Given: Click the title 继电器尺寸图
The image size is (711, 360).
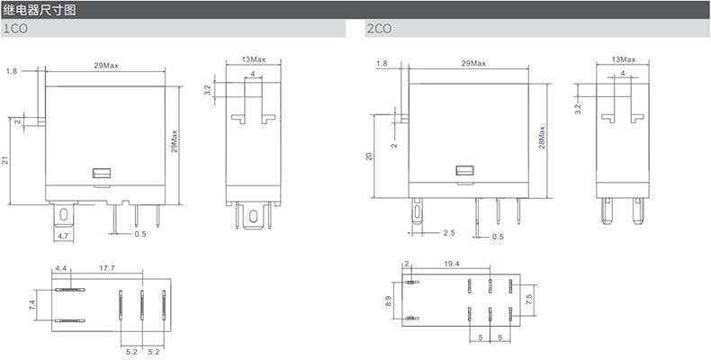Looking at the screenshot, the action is (x=39, y=10).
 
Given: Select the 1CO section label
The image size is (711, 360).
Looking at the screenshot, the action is (x=16, y=29).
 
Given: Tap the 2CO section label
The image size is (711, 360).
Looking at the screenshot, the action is (x=379, y=29).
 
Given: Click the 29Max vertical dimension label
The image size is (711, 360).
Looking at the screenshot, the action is (x=175, y=141).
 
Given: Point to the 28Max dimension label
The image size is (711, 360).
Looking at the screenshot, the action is (x=542, y=137).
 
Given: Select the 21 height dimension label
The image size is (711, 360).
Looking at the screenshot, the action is (x=5, y=160).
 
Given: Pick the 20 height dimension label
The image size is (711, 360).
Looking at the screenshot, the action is (x=369, y=156).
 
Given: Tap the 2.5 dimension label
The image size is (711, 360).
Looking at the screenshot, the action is (x=449, y=233).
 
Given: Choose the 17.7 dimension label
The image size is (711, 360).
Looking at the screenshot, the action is (x=107, y=268).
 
